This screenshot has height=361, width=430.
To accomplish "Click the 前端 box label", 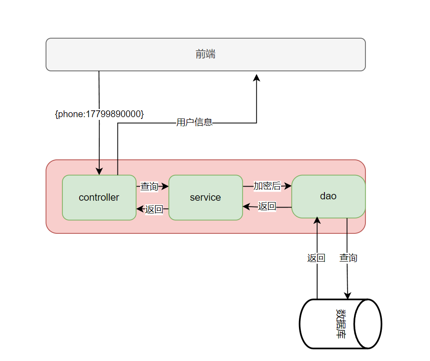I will pyautogui.click(x=205, y=54).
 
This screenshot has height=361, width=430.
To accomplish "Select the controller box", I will pyautogui.click(x=99, y=198).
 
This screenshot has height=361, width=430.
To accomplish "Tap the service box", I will pyautogui.click(x=205, y=198).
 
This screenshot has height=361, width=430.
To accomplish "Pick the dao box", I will pyautogui.click(x=328, y=196).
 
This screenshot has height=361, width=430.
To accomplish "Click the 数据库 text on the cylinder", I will pyautogui.click(x=340, y=324).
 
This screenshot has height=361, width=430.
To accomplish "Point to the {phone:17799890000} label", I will pyautogui.click(x=99, y=114).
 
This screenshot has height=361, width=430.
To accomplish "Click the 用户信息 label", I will pyautogui.click(x=194, y=122).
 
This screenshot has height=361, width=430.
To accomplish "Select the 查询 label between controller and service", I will pyautogui.click(x=149, y=186).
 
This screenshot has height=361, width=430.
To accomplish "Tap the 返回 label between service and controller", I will pyautogui.click(x=154, y=209).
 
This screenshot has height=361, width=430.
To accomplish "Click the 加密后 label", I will pyautogui.click(x=267, y=186).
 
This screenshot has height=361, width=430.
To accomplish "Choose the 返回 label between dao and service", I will pyautogui.click(x=267, y=206).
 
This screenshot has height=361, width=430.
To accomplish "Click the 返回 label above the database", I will pyautogui.click(x=316, y=258).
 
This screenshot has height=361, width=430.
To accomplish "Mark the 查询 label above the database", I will pyautogui.click(x=348, y=258).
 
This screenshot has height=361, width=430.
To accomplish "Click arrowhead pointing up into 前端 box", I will pyautogui.click(x=257, y=78).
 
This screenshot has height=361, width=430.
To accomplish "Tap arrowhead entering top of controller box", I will pyautogui.click(x=99, y=171).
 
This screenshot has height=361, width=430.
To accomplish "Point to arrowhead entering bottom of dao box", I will pyautogui.click(x=317, y=221).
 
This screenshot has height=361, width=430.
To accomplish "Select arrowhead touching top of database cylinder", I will pyautogui.click(x=348, y=296).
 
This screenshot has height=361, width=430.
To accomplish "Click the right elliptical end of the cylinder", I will pyautogui.click(x=368, y=324).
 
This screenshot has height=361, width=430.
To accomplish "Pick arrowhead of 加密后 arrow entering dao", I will pyautogui.click(x=288, y=186).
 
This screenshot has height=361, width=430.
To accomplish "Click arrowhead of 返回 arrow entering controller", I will pyautogui.click(x=140, y=209).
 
